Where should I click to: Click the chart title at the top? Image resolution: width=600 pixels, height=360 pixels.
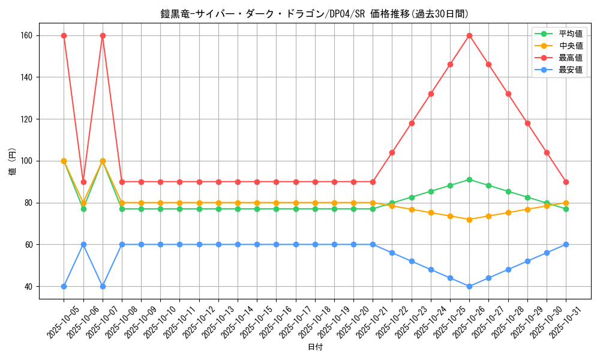coord(314,14)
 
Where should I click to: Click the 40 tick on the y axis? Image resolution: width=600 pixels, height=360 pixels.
coord(28,287)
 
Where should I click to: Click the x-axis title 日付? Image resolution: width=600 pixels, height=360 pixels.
coord(315,347)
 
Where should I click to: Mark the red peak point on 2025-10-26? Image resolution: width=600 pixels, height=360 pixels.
coord(469,35)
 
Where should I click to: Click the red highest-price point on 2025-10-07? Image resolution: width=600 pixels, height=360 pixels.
coord(103,35)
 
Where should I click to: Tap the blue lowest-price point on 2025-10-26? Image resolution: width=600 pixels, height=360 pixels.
coord(469,286)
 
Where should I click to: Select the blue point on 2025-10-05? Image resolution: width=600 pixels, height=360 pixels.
coord(64,286)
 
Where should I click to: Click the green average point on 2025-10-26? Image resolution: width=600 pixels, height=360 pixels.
coord(469,179)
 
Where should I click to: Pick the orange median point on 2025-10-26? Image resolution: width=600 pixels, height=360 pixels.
coord(469,220)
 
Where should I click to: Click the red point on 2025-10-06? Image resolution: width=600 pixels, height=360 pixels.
coord(83,182)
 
